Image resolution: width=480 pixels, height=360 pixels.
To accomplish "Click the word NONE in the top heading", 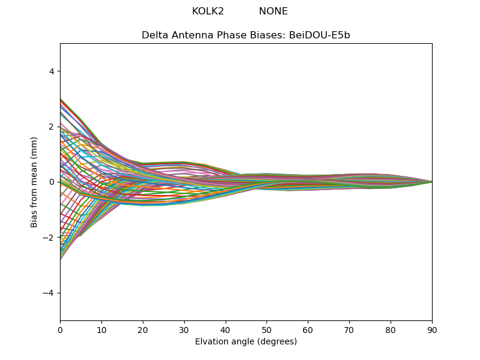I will (273, 11).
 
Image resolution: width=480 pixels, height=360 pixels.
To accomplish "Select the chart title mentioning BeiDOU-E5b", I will (245, 35).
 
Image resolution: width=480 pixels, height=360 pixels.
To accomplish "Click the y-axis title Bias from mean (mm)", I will (34, 181).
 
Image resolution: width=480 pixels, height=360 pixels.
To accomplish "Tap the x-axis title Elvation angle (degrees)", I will (245, 341).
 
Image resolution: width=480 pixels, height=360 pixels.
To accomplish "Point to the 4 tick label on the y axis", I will (52, 71).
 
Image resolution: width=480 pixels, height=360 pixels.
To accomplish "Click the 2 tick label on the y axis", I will (52, 127).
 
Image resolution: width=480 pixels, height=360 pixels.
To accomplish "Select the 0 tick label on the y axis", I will (52, 182).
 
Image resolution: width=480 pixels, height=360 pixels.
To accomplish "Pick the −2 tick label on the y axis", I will (49, 238).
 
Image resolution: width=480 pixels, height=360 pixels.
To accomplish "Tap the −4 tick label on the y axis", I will (49, 293).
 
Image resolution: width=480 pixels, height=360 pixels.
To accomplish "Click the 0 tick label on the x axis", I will (60, 329).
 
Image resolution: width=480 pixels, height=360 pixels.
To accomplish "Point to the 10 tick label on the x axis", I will (101, 329).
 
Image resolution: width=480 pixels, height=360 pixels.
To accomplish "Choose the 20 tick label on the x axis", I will (143, 329).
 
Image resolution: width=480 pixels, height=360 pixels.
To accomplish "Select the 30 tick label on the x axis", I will (184, 329).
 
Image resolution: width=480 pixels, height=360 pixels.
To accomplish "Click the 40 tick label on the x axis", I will (226, 329).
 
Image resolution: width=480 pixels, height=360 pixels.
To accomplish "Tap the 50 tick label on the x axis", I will (266, 329).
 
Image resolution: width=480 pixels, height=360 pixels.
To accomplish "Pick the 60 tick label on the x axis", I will (308, 329).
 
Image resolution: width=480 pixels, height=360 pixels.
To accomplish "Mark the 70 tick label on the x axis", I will (349, 329).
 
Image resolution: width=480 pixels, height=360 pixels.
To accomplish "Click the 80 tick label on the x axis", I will (391, 329).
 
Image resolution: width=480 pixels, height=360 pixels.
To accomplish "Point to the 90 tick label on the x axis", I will (432, 329).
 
